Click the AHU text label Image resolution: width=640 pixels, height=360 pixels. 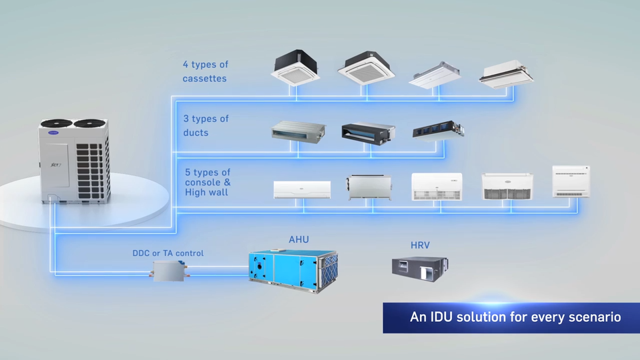coord(299,239)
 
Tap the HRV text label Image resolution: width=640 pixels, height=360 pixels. coord(420,245)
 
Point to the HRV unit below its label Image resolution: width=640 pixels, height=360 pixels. coord(420,267)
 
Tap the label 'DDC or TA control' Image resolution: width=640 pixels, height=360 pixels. coord(168,253)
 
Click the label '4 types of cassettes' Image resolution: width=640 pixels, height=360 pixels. coord(205,71)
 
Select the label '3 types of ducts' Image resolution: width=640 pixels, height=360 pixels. coord(205,125)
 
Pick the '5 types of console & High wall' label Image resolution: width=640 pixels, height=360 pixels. coord(208,183)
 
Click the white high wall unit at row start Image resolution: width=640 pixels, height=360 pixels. coord(302,189)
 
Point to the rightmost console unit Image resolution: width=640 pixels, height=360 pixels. coord(571,181)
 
